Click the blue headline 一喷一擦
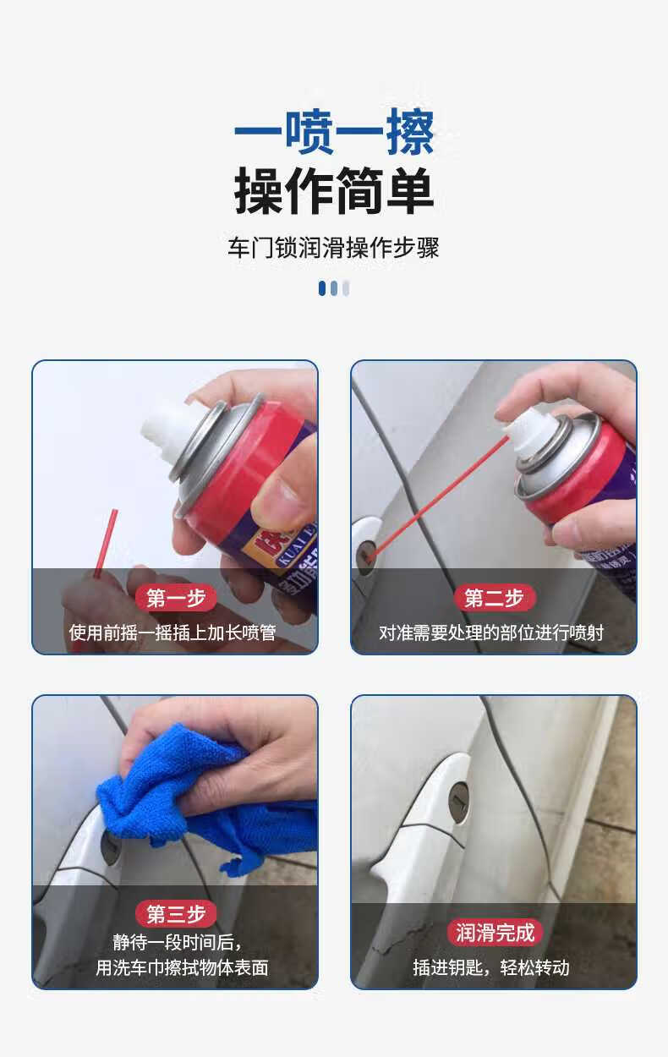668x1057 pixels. click(334, 132)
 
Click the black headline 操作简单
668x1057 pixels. click(334, 190)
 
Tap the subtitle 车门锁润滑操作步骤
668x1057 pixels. click(333, 248)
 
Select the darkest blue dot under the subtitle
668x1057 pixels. click(322, 288)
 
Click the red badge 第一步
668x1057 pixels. click(176, 598)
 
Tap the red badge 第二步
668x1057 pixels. click(494, 597)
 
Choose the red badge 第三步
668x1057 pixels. click(176, 914)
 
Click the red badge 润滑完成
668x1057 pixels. click(495, 933)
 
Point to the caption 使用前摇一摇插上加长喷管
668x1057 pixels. click(172, 633)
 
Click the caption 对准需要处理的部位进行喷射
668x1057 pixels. click(491, 633)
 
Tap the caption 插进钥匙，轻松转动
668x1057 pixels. click(491, 968)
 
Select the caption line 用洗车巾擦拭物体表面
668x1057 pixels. click(182, 968)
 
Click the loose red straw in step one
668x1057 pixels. click(106, 543)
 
